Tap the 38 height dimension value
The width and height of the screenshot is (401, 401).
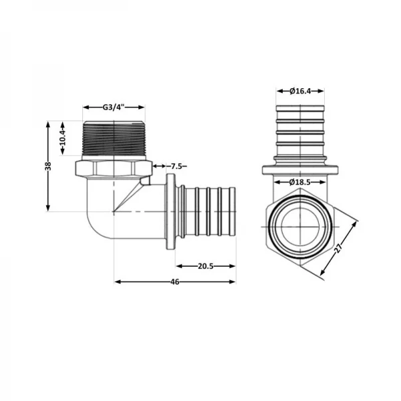pyautogui.click(x=47, y=166)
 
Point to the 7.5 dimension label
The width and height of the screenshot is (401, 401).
pyautogui.click(x=177, y=166)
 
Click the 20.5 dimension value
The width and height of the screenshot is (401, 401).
pyautogui.click(x=205, y=266)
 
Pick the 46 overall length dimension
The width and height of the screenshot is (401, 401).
pyautogui.click(x=175, y=282)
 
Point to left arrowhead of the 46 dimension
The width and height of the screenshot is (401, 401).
pyautogui.click(x=118, y=282)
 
